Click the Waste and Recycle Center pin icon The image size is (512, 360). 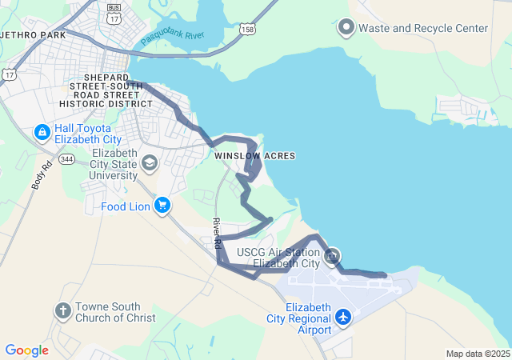346,28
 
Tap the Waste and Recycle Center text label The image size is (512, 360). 423,28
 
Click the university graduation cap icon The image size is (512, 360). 149,164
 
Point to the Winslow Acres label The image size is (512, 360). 254,155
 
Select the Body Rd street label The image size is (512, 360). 41,175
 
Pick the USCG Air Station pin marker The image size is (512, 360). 333,256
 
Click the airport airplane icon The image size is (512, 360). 344,318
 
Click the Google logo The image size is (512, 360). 26,350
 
